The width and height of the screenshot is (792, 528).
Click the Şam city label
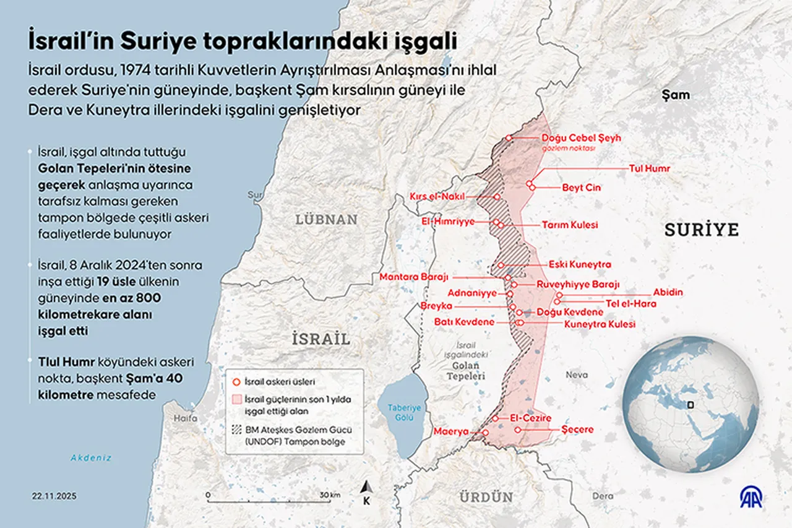coord(675,95)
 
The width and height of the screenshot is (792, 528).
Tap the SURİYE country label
coord(702,230)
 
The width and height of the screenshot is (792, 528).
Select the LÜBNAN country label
coord(326,219)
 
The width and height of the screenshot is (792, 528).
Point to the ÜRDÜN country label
coord(486,496)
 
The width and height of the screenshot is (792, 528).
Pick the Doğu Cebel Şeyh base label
coord(581,138)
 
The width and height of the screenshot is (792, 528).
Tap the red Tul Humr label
coord(649,168)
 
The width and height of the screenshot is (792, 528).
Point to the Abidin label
coord(668,293)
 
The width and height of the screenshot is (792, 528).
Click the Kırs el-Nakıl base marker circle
coord(497,197)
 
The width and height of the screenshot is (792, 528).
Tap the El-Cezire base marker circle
coord(496,418)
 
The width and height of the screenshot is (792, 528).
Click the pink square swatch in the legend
coord(235,400)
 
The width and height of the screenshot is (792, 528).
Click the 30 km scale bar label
coord(329,495)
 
